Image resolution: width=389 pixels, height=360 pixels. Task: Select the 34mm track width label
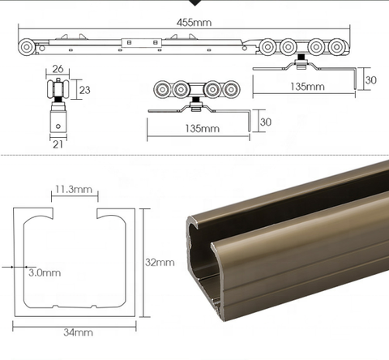coord(77,332)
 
